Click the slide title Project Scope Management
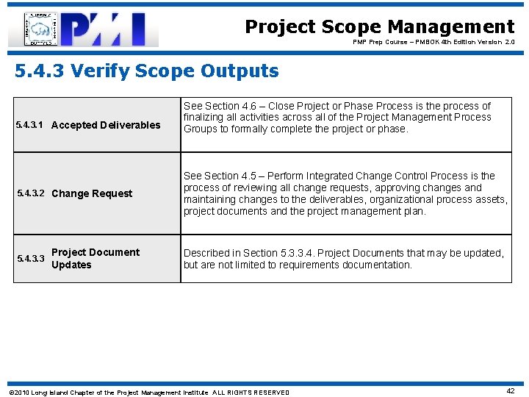(379, 27)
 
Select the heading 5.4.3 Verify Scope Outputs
(147, 71)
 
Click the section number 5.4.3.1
(30, 125)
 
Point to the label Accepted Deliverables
(106, 125)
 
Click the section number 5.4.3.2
(30, 193)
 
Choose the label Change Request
(92, 193)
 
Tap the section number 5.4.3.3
(30, 259)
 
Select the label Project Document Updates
(95, 259)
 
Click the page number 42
(510, 391)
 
